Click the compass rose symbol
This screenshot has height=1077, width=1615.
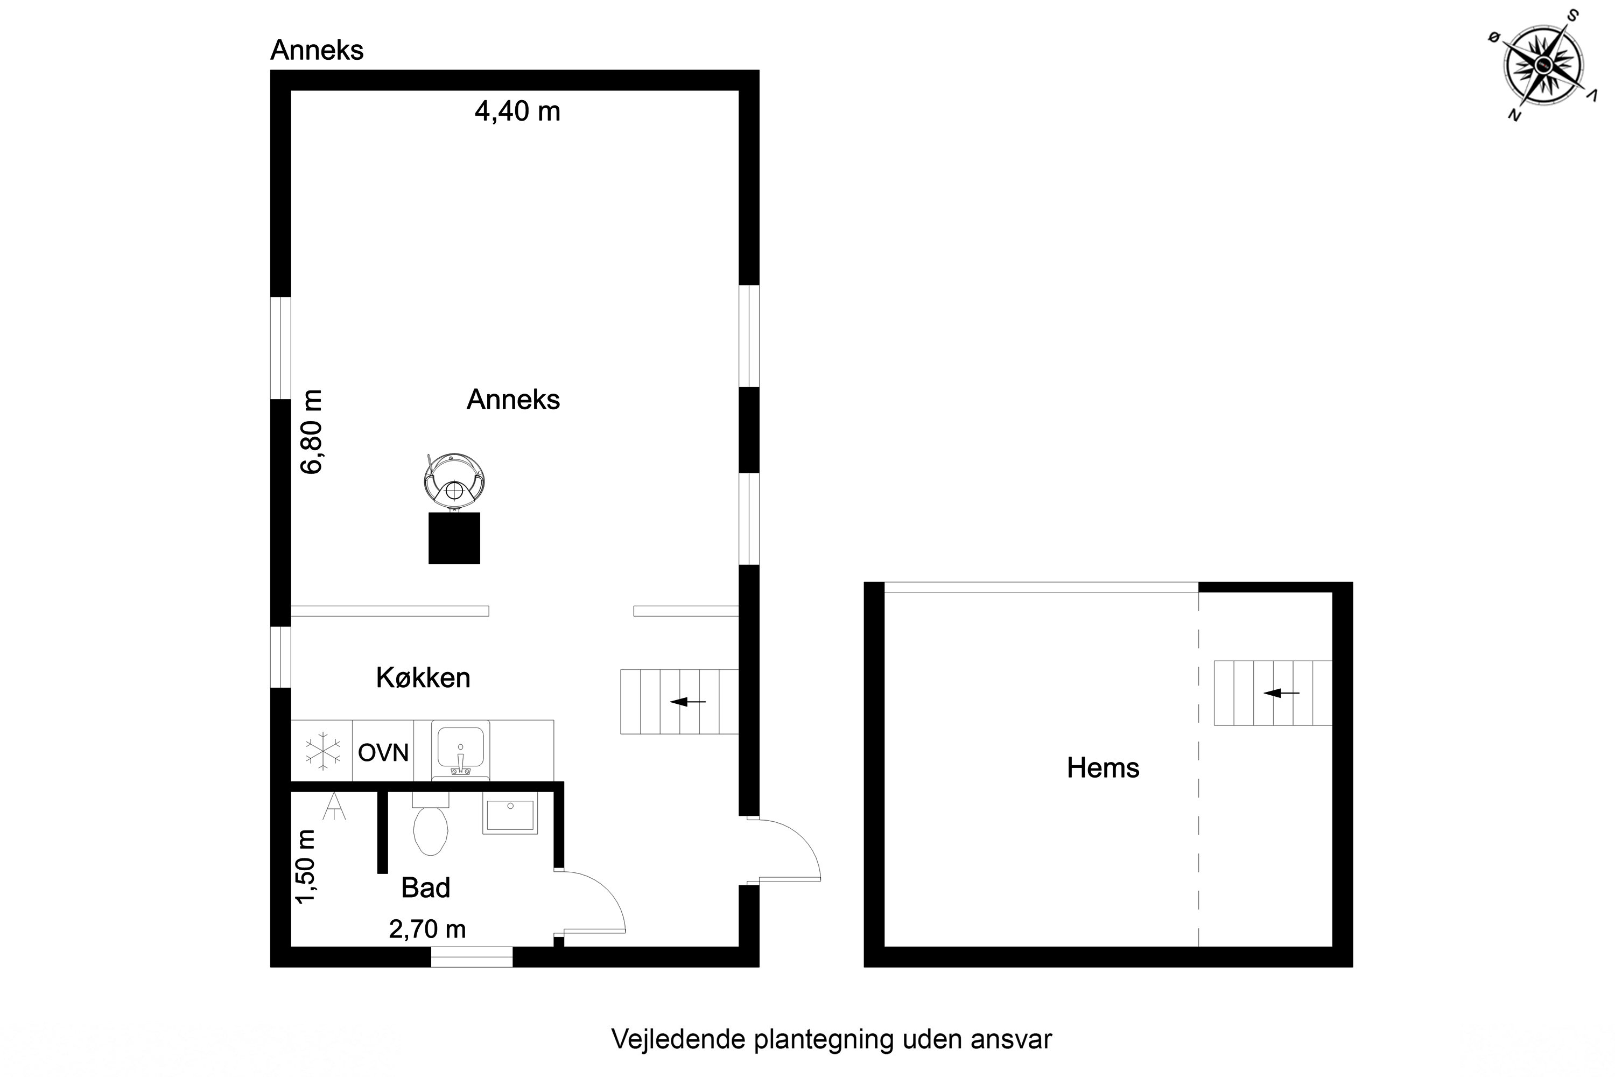point(1543,65)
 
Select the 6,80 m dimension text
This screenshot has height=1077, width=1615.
point(312,431)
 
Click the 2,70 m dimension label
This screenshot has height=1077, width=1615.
point(427,929)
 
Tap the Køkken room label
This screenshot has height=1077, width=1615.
point(423,678)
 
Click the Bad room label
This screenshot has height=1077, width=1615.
point(426,887)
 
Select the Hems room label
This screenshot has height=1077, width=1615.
point(1103,767)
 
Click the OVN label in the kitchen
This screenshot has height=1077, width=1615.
point(383,753)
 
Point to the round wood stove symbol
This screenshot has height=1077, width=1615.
point(454,481)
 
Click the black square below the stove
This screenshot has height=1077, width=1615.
point(454,538)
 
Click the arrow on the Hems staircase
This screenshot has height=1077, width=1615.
point(1281,693)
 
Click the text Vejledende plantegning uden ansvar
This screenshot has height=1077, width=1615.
point(832,1039)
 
